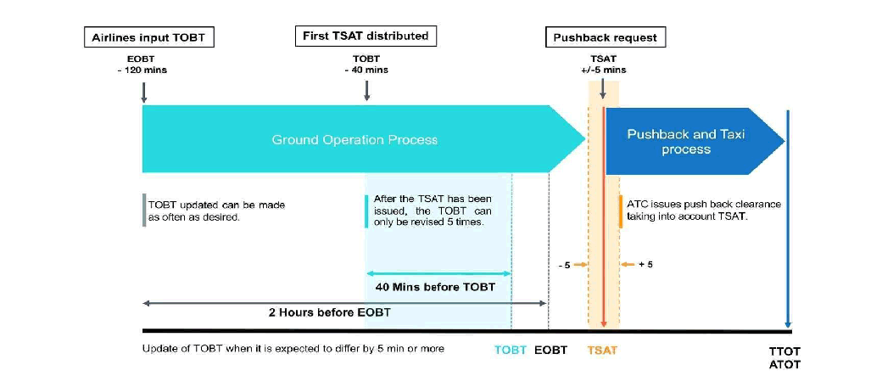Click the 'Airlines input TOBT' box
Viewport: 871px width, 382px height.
tap(148, 37)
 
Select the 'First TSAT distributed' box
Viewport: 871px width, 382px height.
tap(366, 36)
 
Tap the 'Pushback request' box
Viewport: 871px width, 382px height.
tap(605, 37)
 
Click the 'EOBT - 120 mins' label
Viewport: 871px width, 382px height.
tap(142, 65)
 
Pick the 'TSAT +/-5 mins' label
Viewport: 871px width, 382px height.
tap(602, 65)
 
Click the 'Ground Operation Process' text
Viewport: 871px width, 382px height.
tap(355, 139)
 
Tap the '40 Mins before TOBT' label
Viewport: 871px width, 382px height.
tap(435, 287)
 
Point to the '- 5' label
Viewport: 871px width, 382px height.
tap(565, 265)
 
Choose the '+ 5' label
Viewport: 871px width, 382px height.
tap(645, 265)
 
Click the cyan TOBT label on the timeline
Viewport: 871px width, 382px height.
tap(511, 350)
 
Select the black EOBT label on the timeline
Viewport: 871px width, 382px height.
tap(550, 350)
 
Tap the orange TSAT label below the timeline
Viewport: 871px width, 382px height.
tap(602, 350)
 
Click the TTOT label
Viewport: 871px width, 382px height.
tap(784, 351)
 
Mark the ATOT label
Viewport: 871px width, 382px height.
tap(784, 365)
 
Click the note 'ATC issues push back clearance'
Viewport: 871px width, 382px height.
tap(703, 211)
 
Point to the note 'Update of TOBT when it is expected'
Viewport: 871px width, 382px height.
tap(293, 349)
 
